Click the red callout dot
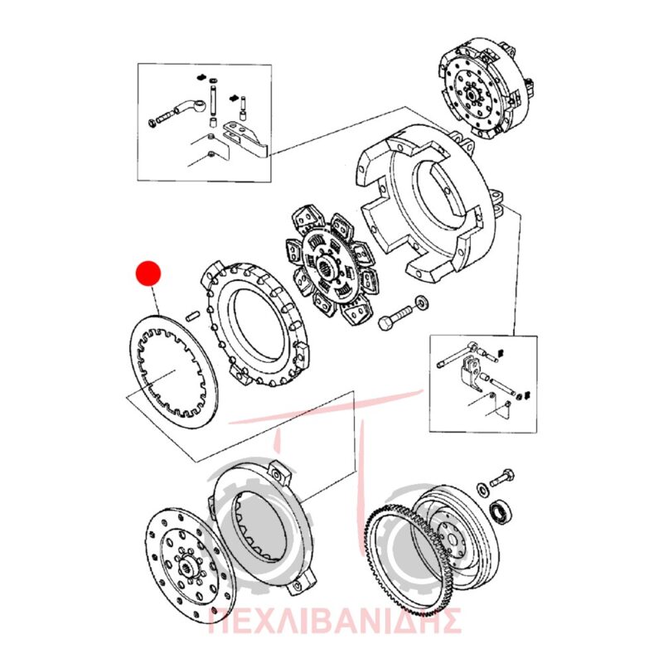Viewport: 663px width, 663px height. point(148,273)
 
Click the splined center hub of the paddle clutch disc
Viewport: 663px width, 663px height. point(327,267)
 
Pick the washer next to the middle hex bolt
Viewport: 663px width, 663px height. point(422,302)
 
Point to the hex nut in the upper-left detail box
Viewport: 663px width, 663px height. point(152,123)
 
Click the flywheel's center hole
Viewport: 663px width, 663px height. point(450,540)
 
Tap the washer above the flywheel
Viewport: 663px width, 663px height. point(482,488)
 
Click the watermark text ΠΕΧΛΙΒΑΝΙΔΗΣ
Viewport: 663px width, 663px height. point(335,620)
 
